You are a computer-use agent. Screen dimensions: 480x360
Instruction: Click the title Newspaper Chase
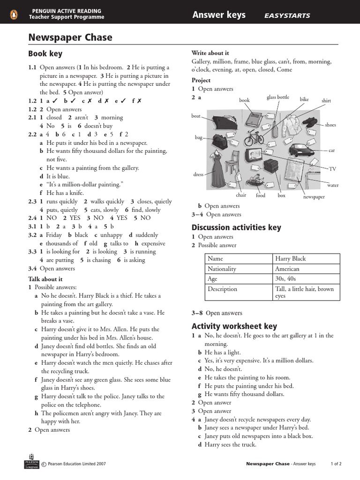pyautogui.click(x=70, y=37)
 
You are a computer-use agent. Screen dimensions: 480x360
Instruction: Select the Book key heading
pyautogui.click(x=45, y=54)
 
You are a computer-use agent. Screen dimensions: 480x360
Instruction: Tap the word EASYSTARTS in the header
pyautogui.click(x=287, y=15)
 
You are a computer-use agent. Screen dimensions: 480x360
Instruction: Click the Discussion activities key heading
pyautogui.click(x=236, y=227)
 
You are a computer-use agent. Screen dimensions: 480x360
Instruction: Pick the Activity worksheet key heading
pyautogui.click(x=234, y=326)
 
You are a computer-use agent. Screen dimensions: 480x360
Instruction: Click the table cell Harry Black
pyautogui.click(x=290, y=259)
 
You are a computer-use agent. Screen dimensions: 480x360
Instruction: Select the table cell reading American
pyautogui.click(x=287, y=269)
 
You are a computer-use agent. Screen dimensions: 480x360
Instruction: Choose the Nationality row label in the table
pyautogui.click(x=222, y=269)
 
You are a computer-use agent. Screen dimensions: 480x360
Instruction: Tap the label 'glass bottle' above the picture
pyautogui.click(x=278, y=97)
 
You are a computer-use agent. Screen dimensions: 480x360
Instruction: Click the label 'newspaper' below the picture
pyautogui.click(x=314, y=197)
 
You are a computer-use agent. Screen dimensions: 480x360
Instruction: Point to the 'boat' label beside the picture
pyautogui.click(x=196, y=116)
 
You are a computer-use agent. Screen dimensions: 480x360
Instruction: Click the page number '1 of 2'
pyautogui.click(x=336, y=464)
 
